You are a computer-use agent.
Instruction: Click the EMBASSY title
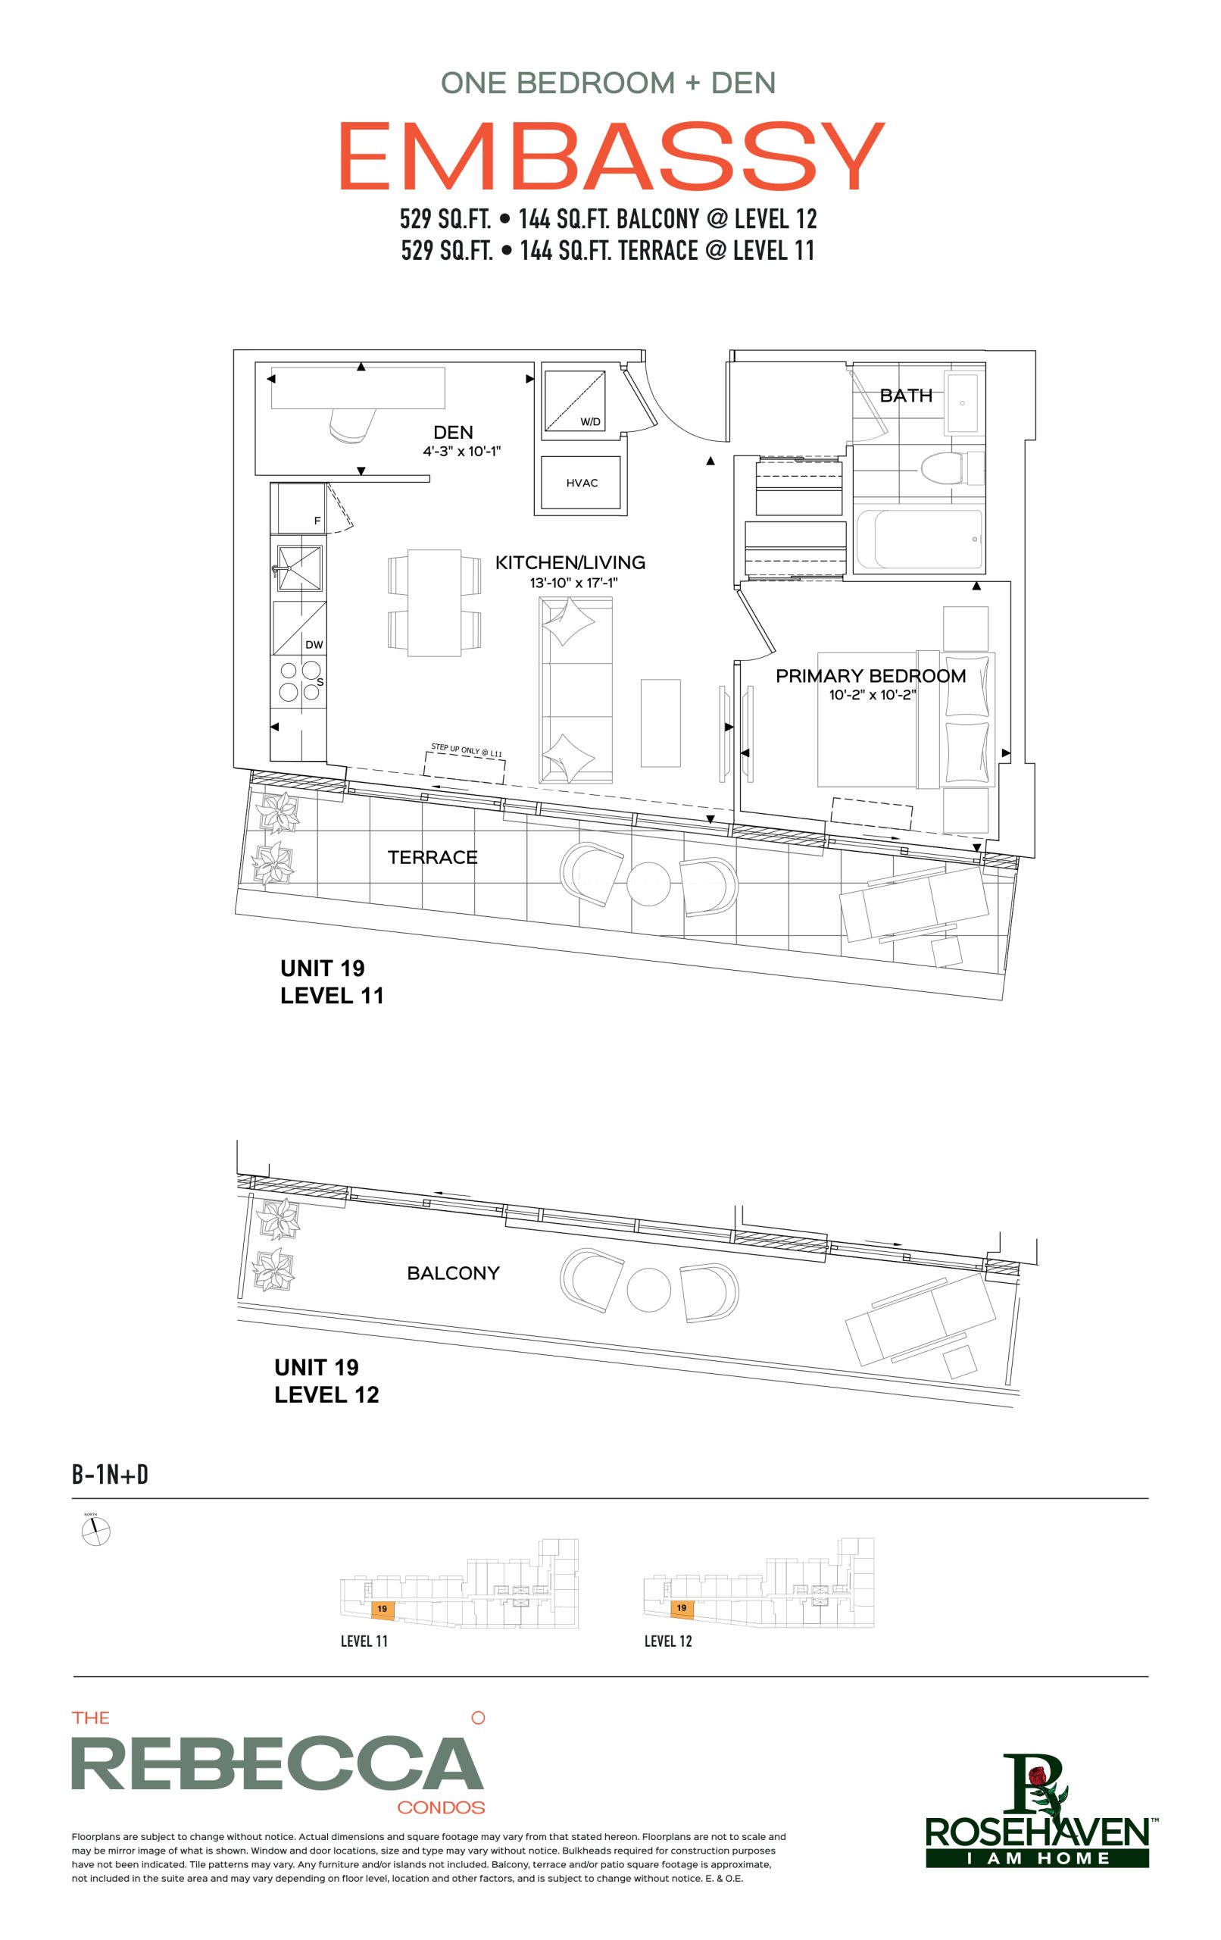(x=611, y=156)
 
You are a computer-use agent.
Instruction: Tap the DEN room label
(x=453, y=433)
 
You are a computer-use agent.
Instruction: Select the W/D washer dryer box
(x=574, y=399)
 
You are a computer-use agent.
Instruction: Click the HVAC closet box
(x=581, y=483)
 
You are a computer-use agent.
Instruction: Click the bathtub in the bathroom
(x=919, y=539)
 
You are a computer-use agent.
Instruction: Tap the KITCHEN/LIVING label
(x=570, y=562)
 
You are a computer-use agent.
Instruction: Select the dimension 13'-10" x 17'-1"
(x=573, y=583)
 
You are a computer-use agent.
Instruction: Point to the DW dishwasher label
(x=314, y=644)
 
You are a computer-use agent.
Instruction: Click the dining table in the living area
(x=434, y=602)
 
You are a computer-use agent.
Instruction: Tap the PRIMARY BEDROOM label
(x=870, y=676)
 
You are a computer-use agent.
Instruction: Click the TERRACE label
(x=433, y=857)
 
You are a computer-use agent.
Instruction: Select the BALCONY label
(x=454, y=1273)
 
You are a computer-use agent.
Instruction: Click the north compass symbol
(x=96, y=1532)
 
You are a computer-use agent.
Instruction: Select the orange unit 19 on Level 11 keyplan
(x=382, y=1609)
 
